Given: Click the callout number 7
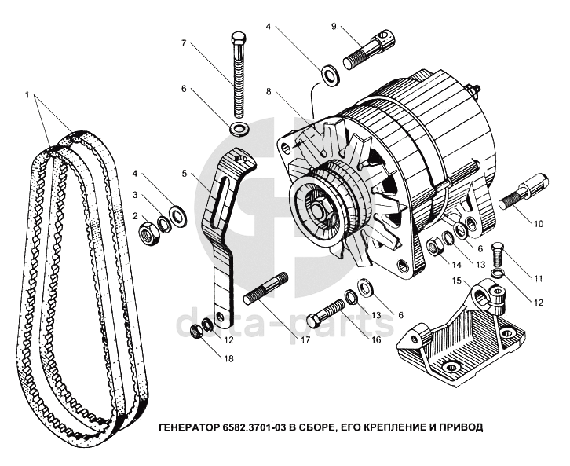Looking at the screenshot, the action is click(x=184, y=43).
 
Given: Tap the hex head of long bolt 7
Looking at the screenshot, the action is click(x=239, y=38).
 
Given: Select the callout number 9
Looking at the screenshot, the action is click(x=334, y=26).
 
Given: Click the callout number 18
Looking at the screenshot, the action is click(x=229, y=358).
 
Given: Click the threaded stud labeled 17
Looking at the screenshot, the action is click(x=265, y=289).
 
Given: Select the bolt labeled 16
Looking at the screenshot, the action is click(x=326, y=313).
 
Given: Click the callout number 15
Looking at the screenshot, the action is click(x=457, y=281).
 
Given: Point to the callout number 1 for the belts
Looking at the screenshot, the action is click(x=27, y=94).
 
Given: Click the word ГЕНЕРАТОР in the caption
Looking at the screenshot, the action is click(x=188, y=427).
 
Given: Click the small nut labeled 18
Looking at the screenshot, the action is click(x=196, y=332).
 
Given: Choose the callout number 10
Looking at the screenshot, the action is click(x=538, y=223).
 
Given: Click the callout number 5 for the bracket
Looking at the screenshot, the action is click(x=185, y=174).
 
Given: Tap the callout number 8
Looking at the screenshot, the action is click(x=269, y=91).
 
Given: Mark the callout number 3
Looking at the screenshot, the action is click(x=135, y=196).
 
